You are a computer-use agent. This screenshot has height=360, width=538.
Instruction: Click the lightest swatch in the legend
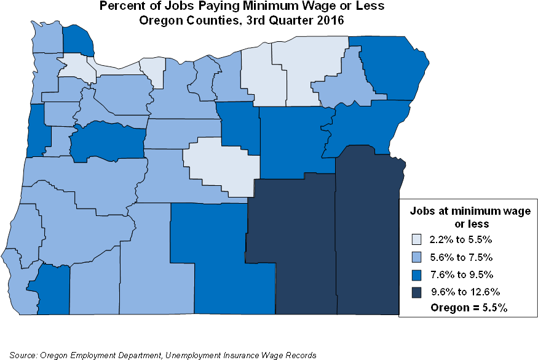click(416, 239)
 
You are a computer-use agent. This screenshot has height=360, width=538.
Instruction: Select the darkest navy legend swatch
click(416, 292)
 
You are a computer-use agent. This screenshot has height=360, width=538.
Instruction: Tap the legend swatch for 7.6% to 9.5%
click(416, 274)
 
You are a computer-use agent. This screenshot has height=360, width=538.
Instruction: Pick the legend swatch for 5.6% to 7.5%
click(416, 257)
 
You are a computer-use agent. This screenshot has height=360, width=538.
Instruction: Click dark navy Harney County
click(292, 246)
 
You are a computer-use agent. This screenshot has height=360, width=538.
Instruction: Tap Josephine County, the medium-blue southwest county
click(49, 286)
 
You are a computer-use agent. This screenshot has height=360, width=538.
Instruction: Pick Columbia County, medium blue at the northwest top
click(79, 40)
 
